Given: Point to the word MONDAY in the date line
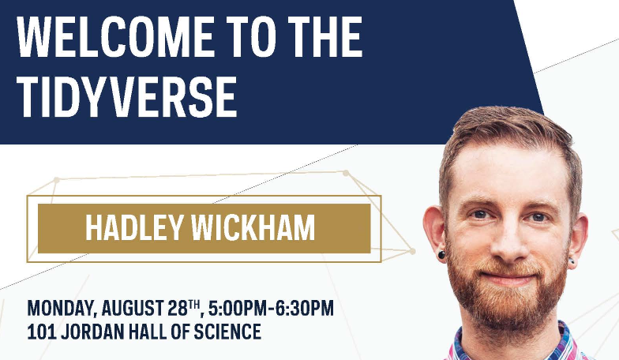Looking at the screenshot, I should [60, 308].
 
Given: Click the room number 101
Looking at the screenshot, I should [41, 332].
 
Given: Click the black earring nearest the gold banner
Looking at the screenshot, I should [441, 255].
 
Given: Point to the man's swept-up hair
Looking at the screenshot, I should [505, 130].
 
